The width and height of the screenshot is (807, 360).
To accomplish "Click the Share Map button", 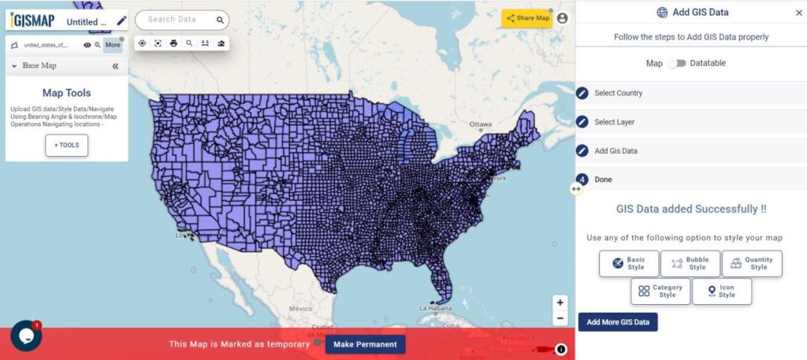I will [x=527, y=18].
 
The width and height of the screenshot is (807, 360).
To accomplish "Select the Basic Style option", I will [x=628, y=263].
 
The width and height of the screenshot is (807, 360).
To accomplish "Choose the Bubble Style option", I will [x=690, y=263].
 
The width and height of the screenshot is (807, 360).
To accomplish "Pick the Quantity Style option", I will [x=751, y=263].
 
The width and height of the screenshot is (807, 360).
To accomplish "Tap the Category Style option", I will [x=660, y=291].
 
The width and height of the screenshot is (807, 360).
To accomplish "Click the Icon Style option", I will [x=720, y=291].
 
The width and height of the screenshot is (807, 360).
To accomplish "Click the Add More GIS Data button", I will [x=618, y=322].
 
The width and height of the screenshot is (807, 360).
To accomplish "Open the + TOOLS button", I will [x=67, y=146].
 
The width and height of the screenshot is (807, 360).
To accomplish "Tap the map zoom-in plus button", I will [x=560, y=302].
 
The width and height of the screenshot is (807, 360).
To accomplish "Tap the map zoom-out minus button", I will [x=560, y=318].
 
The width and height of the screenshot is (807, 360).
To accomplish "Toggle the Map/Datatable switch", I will [x=676, y=63].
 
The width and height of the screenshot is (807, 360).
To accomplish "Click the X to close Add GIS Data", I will [x=798, y=13].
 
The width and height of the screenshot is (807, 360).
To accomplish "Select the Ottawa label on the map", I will [x=480, y=124].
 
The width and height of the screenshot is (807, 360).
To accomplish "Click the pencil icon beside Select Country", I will [x=582, y=93].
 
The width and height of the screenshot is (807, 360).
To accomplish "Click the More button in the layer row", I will [x=113, y=45].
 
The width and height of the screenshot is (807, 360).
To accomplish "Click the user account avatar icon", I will [x=562, y=18].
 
